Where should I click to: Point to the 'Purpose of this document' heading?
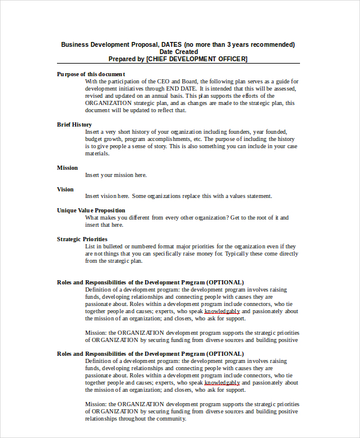coord(91,74)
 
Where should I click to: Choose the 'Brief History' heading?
coord(74,124)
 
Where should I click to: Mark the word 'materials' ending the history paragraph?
coord(97,153)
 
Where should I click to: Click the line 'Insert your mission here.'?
coord(116,175)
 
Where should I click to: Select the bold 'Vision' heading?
coord(65,189)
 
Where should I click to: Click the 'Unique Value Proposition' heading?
coord(91,210)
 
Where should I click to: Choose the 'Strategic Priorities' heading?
coord(82,239)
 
